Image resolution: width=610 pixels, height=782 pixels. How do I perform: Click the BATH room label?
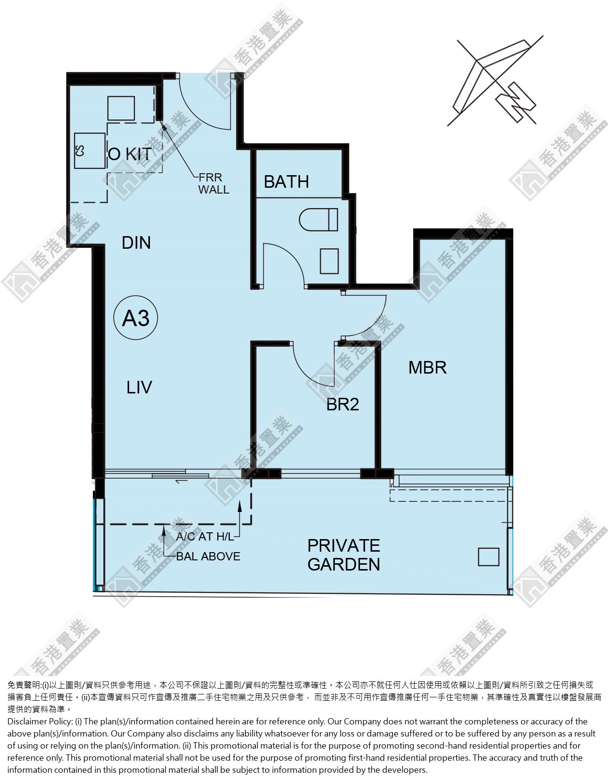[286, 182]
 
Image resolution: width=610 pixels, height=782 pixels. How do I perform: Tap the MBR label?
[427, 368]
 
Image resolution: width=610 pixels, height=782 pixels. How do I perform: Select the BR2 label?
[342, 405]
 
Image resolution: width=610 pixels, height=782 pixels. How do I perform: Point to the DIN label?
[136, 243]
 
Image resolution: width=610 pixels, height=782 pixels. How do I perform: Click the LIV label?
[139, 388]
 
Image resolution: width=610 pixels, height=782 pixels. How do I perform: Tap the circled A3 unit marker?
[135, 318]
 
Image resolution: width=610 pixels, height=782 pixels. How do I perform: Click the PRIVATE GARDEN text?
[343, 555]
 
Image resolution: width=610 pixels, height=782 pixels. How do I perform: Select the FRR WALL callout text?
[214, 183]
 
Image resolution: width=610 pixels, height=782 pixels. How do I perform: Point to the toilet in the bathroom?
[318, 220]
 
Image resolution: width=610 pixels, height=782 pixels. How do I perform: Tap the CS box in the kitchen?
[89, 151]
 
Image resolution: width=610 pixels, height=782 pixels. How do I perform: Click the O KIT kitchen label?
[130, 154]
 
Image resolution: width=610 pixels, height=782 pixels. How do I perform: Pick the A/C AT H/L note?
[205, 537]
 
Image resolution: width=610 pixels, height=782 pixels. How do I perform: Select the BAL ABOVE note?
[208, 556]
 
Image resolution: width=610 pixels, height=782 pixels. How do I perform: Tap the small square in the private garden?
[489, 557]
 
